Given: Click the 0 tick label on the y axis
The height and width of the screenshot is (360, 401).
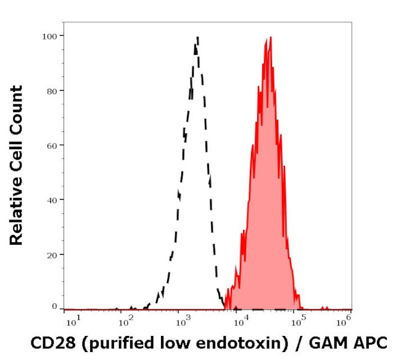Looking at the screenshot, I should point(54,306).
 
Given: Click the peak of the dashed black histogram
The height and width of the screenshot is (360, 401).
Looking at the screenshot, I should point(197,38).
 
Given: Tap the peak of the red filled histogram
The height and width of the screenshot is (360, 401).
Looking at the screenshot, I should point(269,38).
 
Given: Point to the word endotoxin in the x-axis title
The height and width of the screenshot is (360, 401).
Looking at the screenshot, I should point(233,343).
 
